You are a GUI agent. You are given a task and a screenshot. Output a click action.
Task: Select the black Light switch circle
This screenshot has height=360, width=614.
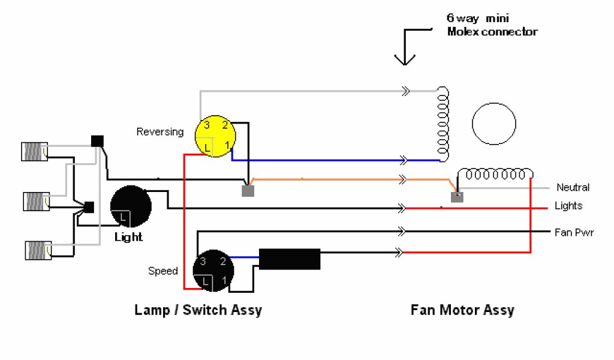131,206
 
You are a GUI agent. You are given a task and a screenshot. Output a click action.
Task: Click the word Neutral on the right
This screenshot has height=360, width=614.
573,187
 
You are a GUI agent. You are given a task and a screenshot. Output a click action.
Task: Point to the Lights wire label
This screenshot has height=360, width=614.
568,206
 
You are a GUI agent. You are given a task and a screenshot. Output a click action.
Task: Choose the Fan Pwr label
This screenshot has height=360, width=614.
574,232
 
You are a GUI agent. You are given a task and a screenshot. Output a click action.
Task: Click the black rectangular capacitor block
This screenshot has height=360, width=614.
290,259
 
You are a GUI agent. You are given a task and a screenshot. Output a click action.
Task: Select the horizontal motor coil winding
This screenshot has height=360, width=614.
495,175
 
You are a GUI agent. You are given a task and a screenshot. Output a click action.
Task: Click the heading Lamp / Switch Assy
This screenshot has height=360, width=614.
198,310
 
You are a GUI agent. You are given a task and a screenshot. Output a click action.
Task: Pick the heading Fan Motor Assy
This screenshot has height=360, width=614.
462,310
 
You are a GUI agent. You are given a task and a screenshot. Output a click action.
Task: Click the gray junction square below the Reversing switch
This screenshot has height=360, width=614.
248,191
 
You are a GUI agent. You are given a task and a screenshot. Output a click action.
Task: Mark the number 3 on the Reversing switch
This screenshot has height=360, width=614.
206,125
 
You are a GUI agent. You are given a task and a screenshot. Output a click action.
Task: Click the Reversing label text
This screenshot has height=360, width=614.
160,131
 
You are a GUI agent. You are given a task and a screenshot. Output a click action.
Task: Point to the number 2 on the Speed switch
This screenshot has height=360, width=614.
223,261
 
